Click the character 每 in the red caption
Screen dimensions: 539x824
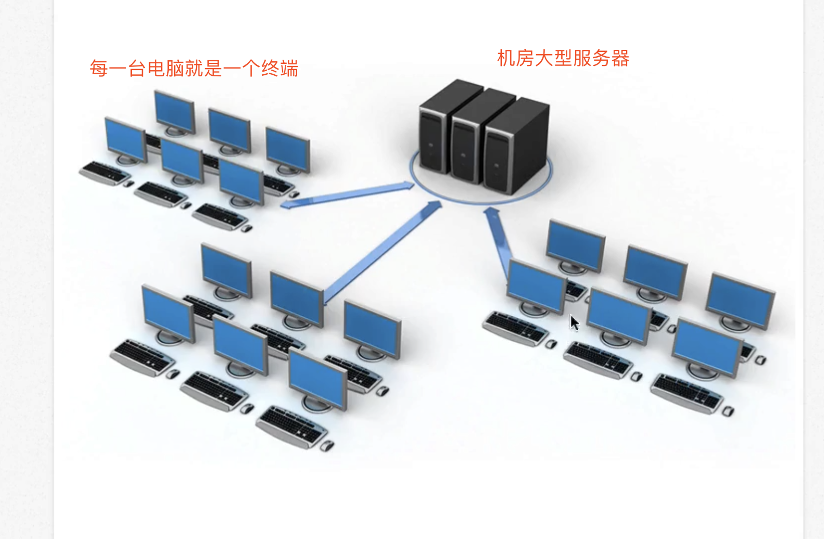click(x=98, y=69)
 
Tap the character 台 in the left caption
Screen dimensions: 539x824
click(x=137, y=69)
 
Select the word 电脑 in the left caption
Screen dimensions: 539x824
click(x=166, y=69)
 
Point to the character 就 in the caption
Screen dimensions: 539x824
click(x=194, y=69)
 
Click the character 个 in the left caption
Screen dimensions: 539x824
click(x=251, y=69)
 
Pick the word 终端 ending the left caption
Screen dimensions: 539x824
click(x=280, y=69)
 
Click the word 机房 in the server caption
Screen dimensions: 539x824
click(x=515, y=58)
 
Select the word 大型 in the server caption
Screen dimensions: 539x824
click(x=553, y=58)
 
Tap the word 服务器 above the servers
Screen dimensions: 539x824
click(x=601, y=58)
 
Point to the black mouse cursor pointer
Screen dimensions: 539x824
click(x=574, y=322)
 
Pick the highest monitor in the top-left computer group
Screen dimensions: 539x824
click(x=175, y=111)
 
